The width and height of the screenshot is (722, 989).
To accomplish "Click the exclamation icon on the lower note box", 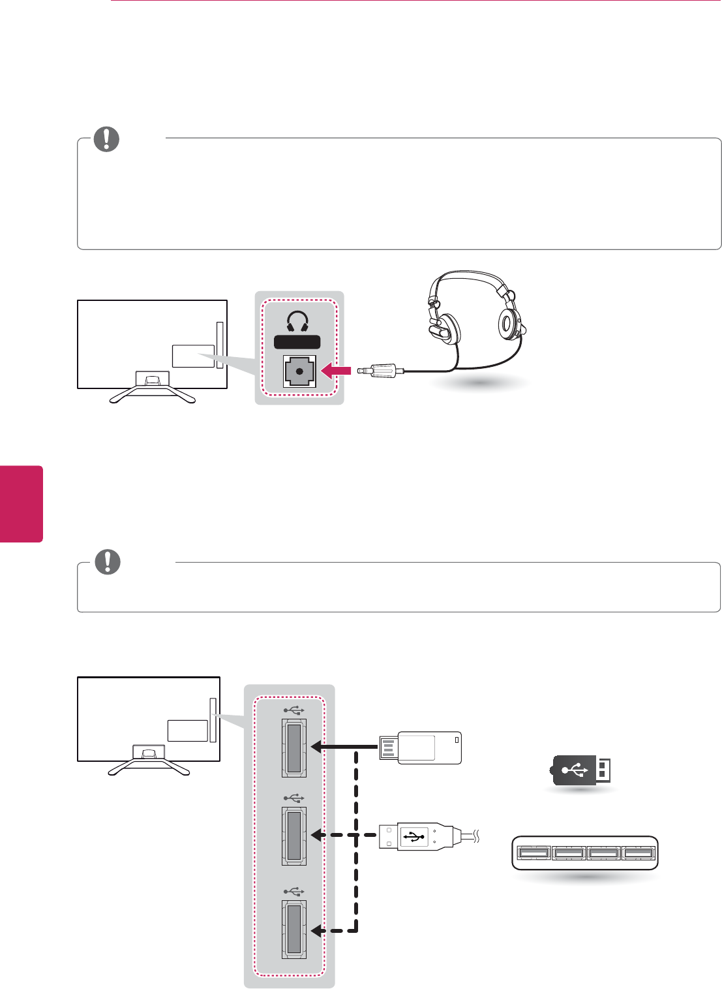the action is pyautogui.click(x=108, y=562).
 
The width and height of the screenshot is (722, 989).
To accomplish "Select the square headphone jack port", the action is pyautogui.click(x=299, y=371).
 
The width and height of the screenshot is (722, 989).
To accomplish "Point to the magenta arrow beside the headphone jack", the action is pyautogui.click(x=337, y=371).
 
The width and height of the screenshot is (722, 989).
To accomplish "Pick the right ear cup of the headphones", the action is pyautogui.click(x=509, y=324).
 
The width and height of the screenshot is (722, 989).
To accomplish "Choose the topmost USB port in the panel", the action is pyautogui.click(x=294, y=747).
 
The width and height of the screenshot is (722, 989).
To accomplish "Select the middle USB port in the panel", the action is pyautogui.click(x=294, y=836).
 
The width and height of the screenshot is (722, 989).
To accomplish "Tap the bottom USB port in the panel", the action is pyautogui.click(x=294, y=929).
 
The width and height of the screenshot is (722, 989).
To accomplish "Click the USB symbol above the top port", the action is pyautogui.click(x=294, y=709).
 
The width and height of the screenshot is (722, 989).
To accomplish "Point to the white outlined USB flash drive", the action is pyautogui.click(x=421, y=747).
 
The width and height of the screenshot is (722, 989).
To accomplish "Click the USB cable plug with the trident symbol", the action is pyautogui.click(x=417, y=836).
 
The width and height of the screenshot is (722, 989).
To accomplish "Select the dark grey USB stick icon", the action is pyautogui.click(x=580, y=770).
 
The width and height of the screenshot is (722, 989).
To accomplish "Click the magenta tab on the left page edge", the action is pyautogui.click(x=22, y=503).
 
